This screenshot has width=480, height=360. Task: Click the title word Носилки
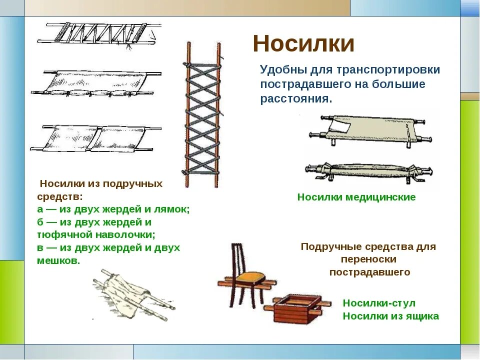click(x=303, y=44)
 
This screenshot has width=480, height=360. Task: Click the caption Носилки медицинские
click(x=356, y=197)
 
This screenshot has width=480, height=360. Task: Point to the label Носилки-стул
click(x=379, y=303)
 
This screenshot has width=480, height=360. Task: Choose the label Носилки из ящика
click(x=390, y=316)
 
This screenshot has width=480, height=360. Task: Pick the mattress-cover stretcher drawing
click(x=95, y=84)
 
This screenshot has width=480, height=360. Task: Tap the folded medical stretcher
click(x=367, y=171)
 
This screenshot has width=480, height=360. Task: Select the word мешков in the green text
click(x=58, y=261)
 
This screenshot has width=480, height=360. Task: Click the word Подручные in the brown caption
click(x=328, y=247)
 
